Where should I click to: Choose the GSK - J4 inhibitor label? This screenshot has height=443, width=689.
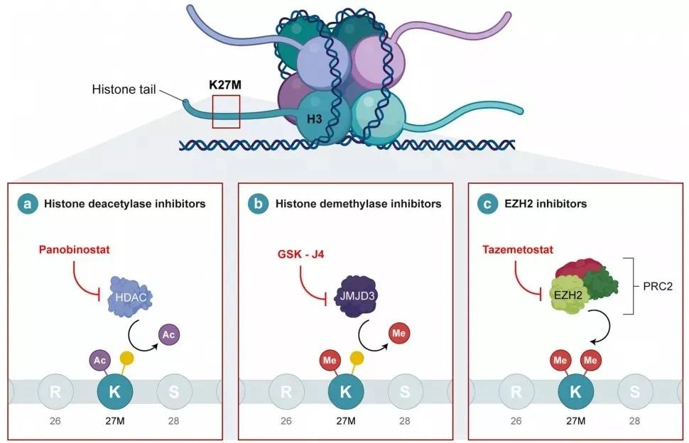coord(300,253)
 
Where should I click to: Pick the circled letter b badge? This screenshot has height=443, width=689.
coord(258,204)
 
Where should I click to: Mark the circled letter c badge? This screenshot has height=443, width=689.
coord(488,204)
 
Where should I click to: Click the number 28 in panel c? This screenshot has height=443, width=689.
coord(634,421)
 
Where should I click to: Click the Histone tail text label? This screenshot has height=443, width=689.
coord(124,90)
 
